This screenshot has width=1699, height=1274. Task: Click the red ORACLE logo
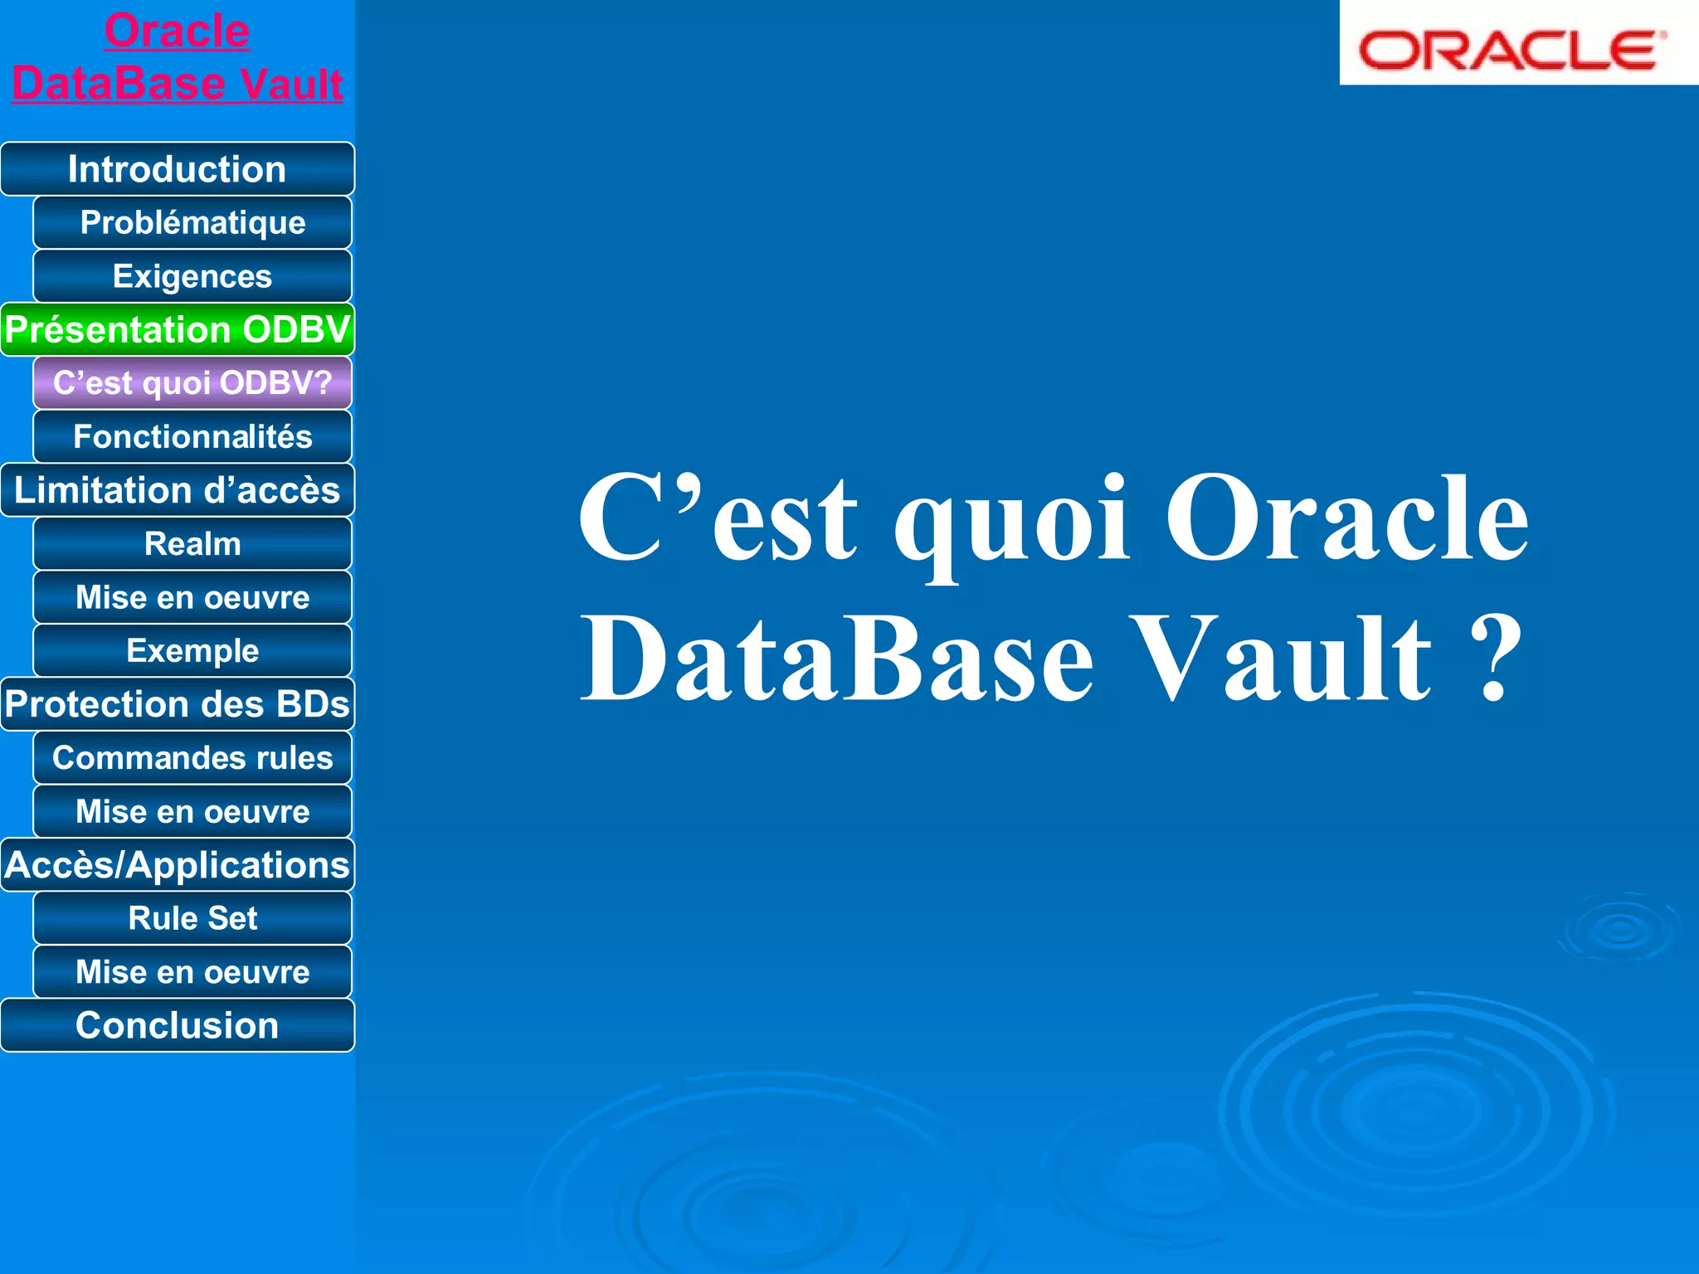1512,50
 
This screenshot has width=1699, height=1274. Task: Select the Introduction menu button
177,169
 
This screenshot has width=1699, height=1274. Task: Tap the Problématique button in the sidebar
192,222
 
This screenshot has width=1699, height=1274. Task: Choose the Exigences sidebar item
192,276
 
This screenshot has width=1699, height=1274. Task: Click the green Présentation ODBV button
177,329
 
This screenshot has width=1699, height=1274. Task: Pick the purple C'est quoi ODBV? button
192,383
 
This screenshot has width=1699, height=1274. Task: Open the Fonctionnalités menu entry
192,436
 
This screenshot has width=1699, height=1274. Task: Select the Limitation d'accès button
177,490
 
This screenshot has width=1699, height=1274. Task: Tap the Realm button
192,544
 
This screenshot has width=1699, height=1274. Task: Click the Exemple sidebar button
192,651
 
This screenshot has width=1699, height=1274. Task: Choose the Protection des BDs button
177,704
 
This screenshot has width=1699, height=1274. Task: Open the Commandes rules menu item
192,758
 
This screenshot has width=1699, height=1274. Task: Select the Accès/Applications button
177,865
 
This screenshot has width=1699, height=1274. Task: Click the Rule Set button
192,918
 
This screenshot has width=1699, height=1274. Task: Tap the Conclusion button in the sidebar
177,1025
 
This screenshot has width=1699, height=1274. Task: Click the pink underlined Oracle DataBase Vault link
177,58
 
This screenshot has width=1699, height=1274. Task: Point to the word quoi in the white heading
1010,523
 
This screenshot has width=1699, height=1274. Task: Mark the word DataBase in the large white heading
838,659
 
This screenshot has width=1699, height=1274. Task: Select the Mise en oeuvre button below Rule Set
192,972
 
